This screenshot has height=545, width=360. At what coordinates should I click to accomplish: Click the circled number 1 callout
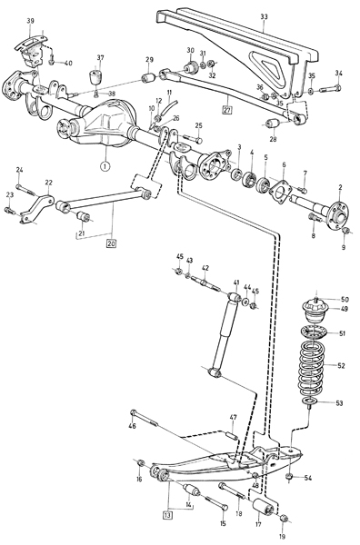coord(105,166)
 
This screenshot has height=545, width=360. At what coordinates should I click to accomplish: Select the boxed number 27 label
coord(227,110)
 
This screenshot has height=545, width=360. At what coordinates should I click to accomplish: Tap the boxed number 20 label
coord(111,243)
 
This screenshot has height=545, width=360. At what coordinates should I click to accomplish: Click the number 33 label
coord(264,16)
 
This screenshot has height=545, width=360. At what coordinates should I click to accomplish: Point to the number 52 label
coord(341,365)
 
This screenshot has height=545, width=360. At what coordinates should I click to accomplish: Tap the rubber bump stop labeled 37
coord(95,78)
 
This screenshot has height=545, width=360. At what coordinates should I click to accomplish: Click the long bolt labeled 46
coord(144,418)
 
